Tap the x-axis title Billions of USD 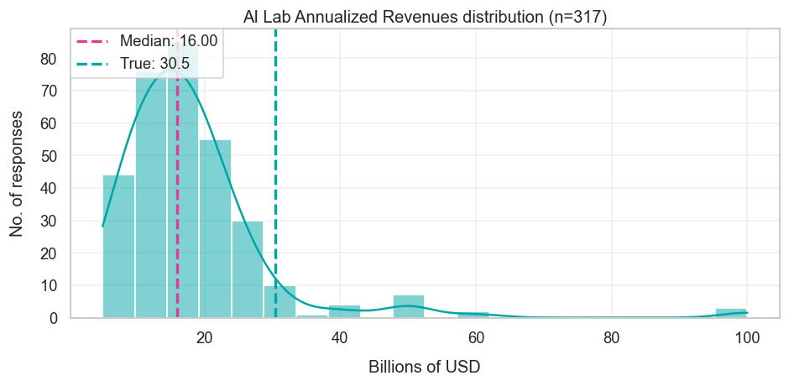pos(424,367)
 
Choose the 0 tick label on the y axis pos(53,318)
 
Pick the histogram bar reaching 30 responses pos(248,269)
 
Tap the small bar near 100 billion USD pos(731,313)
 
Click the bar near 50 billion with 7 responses pos(409,307)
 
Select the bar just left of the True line pos(280,302)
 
